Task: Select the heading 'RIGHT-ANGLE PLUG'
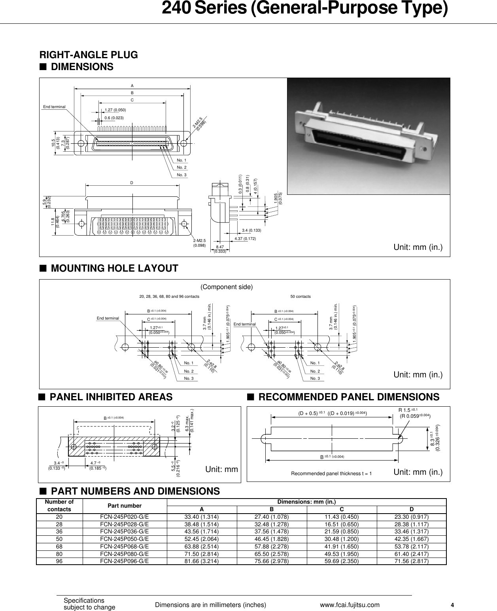89,55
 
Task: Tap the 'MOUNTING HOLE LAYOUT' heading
115,268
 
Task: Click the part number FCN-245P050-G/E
125,539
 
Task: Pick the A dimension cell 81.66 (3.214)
202,561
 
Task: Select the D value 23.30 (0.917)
411,516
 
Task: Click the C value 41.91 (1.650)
341,546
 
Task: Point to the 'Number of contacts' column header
59,506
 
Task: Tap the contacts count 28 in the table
59,524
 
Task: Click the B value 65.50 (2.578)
271,554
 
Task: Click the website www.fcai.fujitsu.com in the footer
350,605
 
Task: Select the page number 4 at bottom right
453,605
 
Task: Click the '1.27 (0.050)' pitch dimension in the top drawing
115,110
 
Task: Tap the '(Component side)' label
227,287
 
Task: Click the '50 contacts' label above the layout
300,297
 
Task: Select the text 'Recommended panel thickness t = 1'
331,474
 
